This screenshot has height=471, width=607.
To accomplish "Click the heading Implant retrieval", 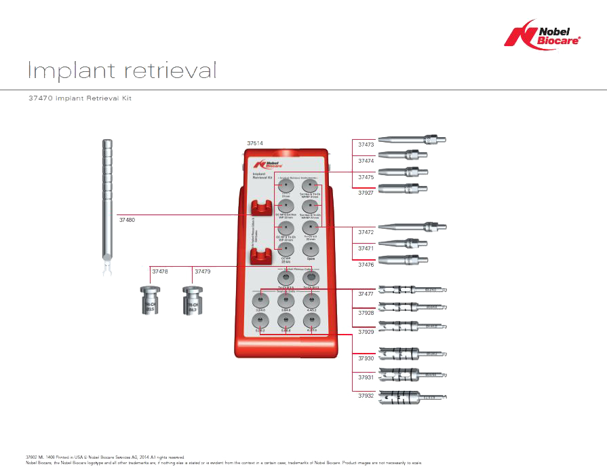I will [122, 70].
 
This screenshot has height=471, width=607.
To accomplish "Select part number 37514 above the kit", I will [255, 144].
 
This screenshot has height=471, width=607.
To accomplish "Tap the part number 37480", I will [127, 220].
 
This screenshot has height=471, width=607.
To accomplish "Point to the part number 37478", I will [160, 271].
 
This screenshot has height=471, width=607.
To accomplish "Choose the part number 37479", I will [202, 271].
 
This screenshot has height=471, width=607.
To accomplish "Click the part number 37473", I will [366, 145].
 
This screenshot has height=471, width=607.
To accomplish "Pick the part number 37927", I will [366, 193].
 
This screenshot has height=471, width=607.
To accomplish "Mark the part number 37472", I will [366, 232].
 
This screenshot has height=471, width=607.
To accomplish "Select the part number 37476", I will [366, 265].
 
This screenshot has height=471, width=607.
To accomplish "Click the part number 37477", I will [366, 294].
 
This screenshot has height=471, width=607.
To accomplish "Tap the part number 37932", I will [366, 395].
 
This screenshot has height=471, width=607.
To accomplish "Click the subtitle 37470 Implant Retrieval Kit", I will [79, 98].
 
